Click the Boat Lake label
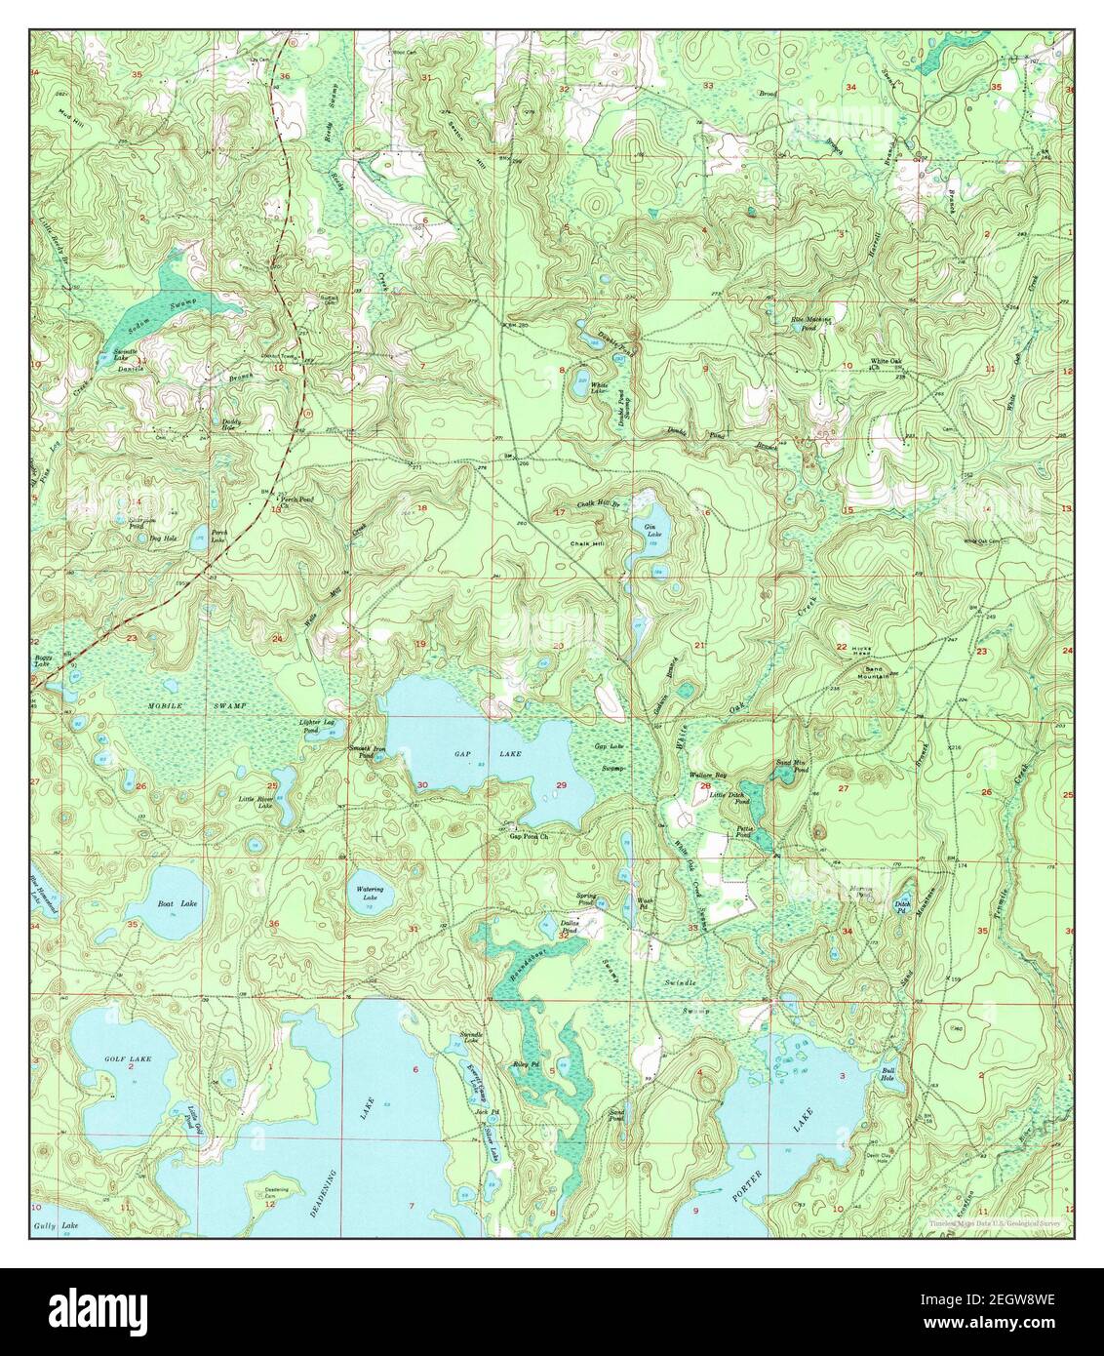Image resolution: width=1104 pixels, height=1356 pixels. [x=177, y=904]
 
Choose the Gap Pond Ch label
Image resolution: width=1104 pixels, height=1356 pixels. [x=531, y=836]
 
